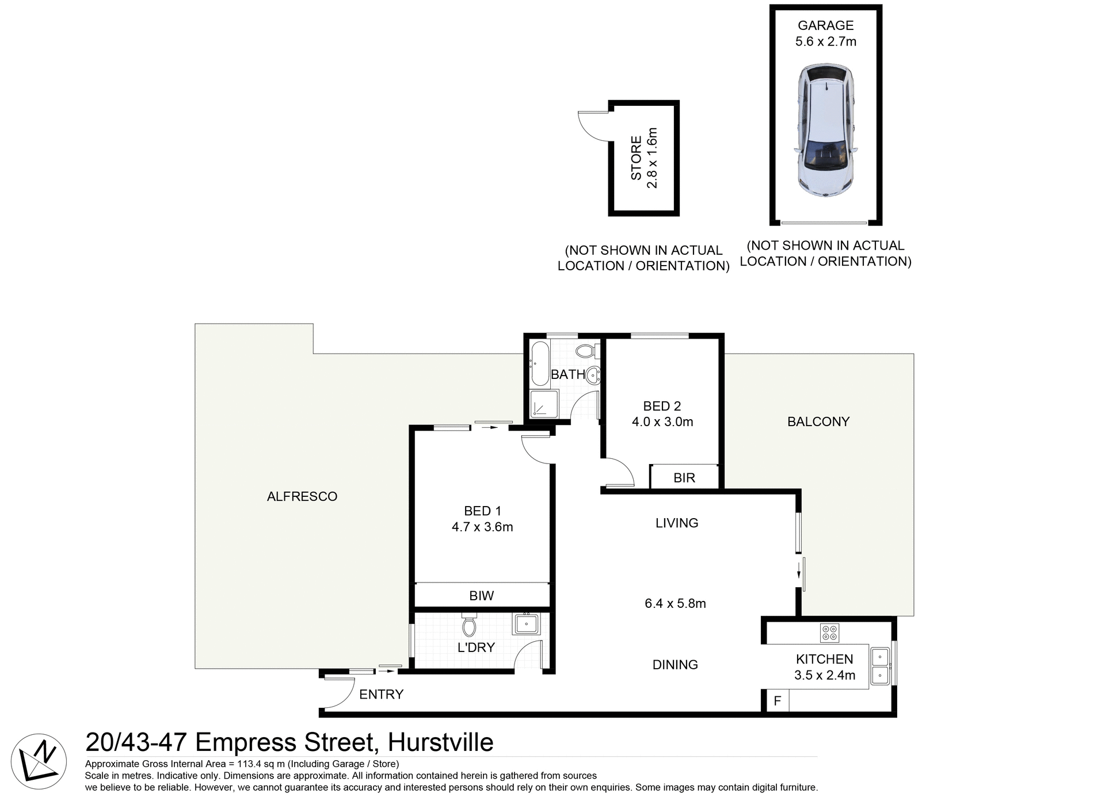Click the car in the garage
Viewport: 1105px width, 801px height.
[x=825, y=131]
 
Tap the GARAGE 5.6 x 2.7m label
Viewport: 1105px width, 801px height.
[x=825, y=33]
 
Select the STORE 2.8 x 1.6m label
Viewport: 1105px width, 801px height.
[x=643, y=158]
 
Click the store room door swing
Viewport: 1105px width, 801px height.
[x=593, y=125]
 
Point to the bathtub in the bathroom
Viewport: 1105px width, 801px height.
[x=540, y=363]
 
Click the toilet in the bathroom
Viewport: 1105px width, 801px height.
[x=586, y=351]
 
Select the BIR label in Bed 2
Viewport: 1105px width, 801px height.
[x=684, y=478]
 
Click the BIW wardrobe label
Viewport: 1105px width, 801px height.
[x=481, y=596]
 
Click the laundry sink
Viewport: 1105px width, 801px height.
[x=527, y=624]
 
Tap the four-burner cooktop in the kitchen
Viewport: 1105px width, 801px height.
[x=829, y=633]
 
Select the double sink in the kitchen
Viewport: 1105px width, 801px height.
[x=879, y=666]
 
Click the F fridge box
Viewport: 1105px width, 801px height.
[x=777, y=701]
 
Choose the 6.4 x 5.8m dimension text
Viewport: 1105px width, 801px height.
[x=675, y=603]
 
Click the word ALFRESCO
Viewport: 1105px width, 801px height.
[x=302, y=496]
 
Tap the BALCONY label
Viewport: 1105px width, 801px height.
[x=818, y=421]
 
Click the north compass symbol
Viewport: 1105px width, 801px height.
[x=39, y=761]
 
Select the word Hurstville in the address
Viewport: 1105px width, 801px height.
[x=440, y=742]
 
